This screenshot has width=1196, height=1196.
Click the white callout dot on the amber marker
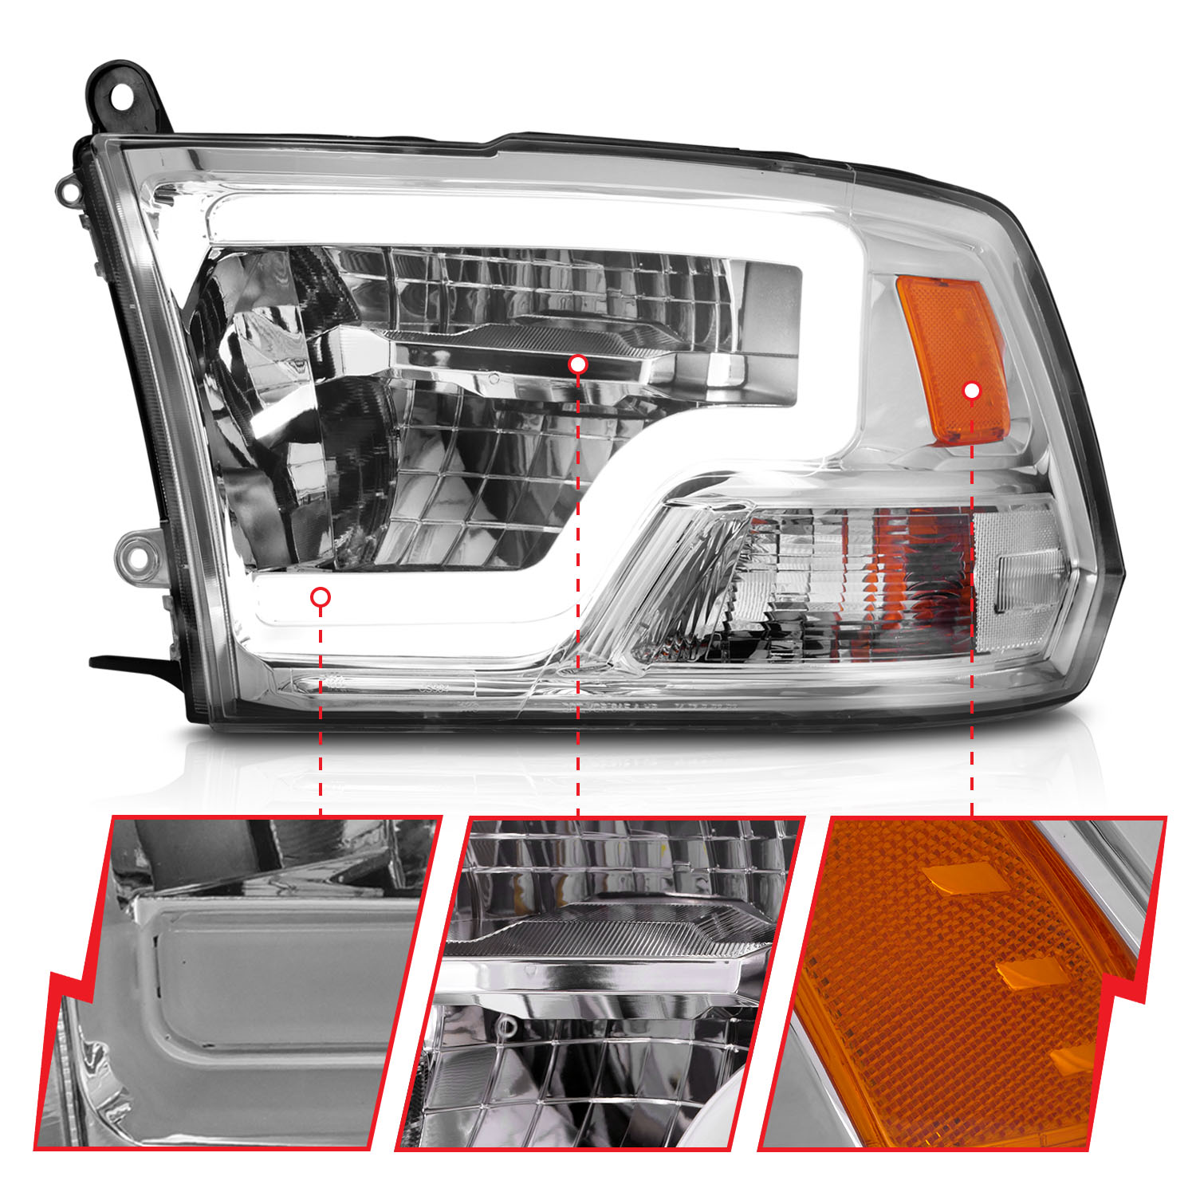point(971,391)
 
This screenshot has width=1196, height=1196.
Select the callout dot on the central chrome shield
point(578,364)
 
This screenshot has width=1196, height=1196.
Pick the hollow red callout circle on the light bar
point(321,596)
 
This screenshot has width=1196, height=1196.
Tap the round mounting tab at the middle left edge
point(138,555)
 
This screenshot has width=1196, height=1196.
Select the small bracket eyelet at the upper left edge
point(69,191)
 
